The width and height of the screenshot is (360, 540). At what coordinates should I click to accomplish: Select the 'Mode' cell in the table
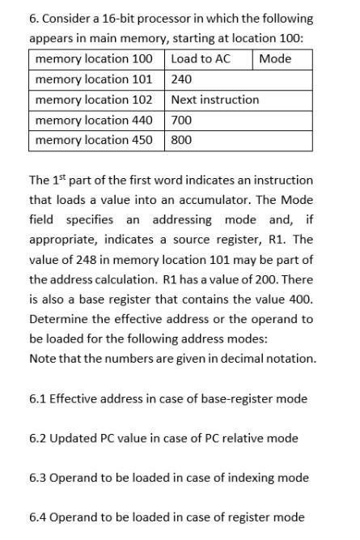pos(275,59)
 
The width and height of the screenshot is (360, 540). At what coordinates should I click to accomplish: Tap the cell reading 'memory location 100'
pos(94,59)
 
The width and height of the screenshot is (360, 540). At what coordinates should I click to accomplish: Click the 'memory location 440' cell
pos(94,120)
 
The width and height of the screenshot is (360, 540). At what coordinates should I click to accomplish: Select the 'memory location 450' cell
pos(94,140)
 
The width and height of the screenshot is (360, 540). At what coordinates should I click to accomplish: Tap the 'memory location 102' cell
pos(94,100)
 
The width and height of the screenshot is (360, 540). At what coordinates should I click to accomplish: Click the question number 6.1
pos(37,398)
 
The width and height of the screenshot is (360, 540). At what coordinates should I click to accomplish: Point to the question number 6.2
pos(37,438)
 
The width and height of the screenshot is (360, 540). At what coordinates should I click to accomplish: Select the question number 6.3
pos(37,478)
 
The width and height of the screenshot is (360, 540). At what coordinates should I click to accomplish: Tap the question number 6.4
pos(37,517)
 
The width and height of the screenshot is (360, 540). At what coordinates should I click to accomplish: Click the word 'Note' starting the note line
pos(42,359)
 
